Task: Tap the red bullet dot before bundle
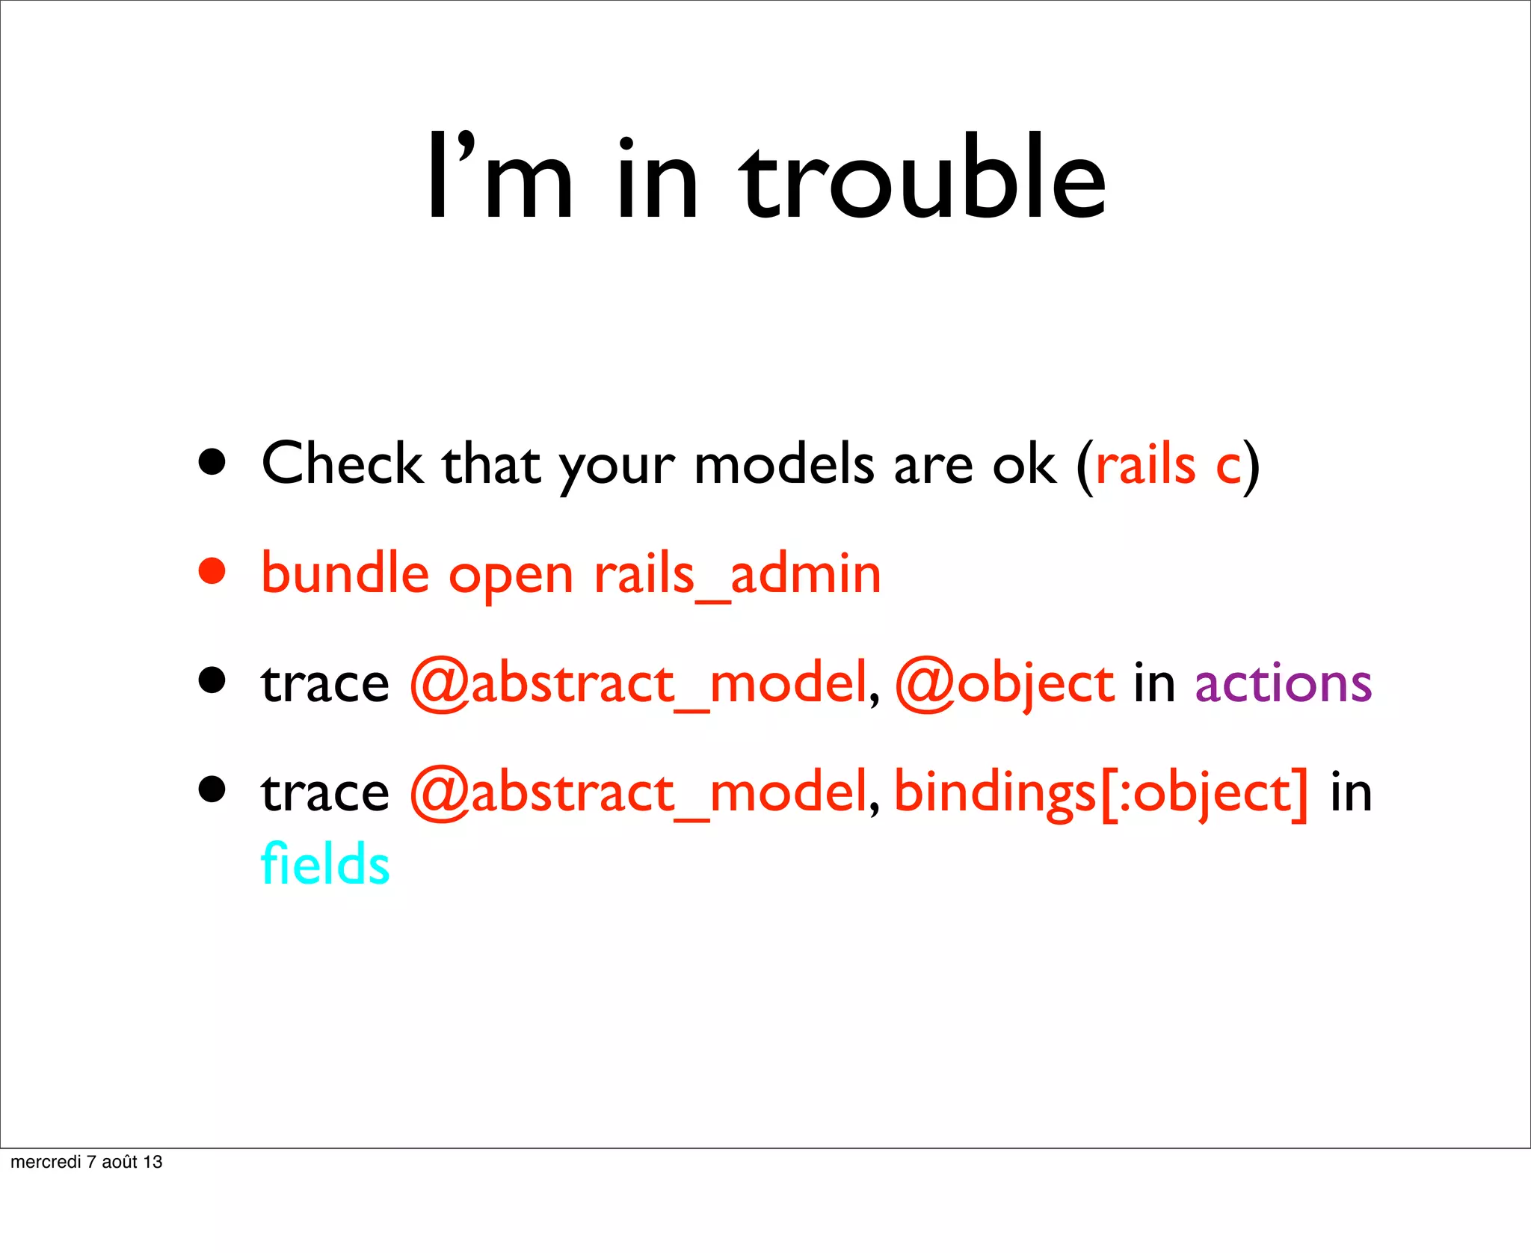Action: tap(212, 571)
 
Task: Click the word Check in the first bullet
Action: tap(342, 464)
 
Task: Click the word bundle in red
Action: tap(345, 574)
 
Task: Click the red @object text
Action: tap(1005, 683)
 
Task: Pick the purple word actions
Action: tap(1283, 683)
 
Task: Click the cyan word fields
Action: tap(324, 864)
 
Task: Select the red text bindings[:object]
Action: tap(1101, 792)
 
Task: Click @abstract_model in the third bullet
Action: tap(638, 683)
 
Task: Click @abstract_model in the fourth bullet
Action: tap(638, 792)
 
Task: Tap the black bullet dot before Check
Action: tap(212, 462)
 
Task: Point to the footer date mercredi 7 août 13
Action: tap(87, 1162)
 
